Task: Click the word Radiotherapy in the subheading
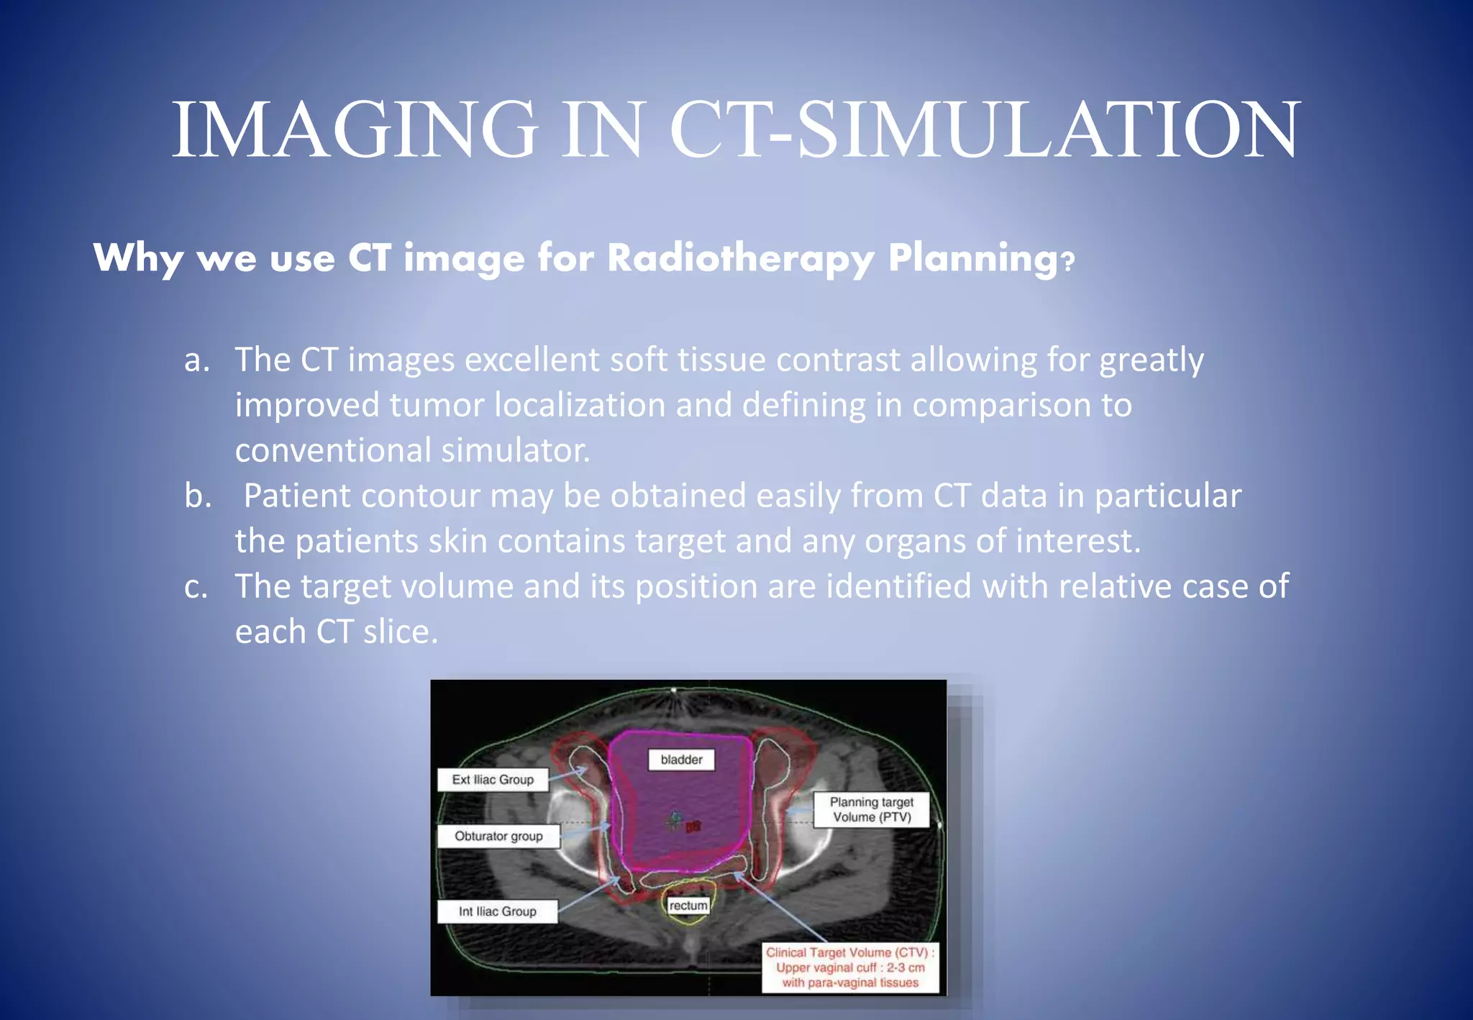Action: point(741,258)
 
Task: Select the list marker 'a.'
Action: point(196,360)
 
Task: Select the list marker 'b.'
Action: point(198,496)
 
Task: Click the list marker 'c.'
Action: point(196,587)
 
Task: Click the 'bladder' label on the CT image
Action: point(681,760)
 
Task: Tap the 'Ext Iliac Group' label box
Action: point(493,780)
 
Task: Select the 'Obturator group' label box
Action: point(498,837)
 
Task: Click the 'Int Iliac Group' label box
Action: point(497,911)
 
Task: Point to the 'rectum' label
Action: point(688,906)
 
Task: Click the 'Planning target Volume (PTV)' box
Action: point(871,810)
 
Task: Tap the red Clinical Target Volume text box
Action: point(849,967)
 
